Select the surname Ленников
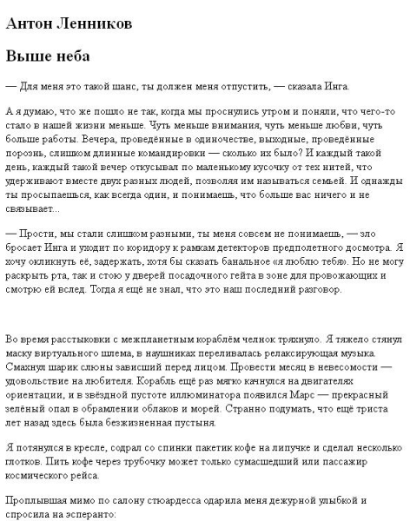[x=93, y=24]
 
